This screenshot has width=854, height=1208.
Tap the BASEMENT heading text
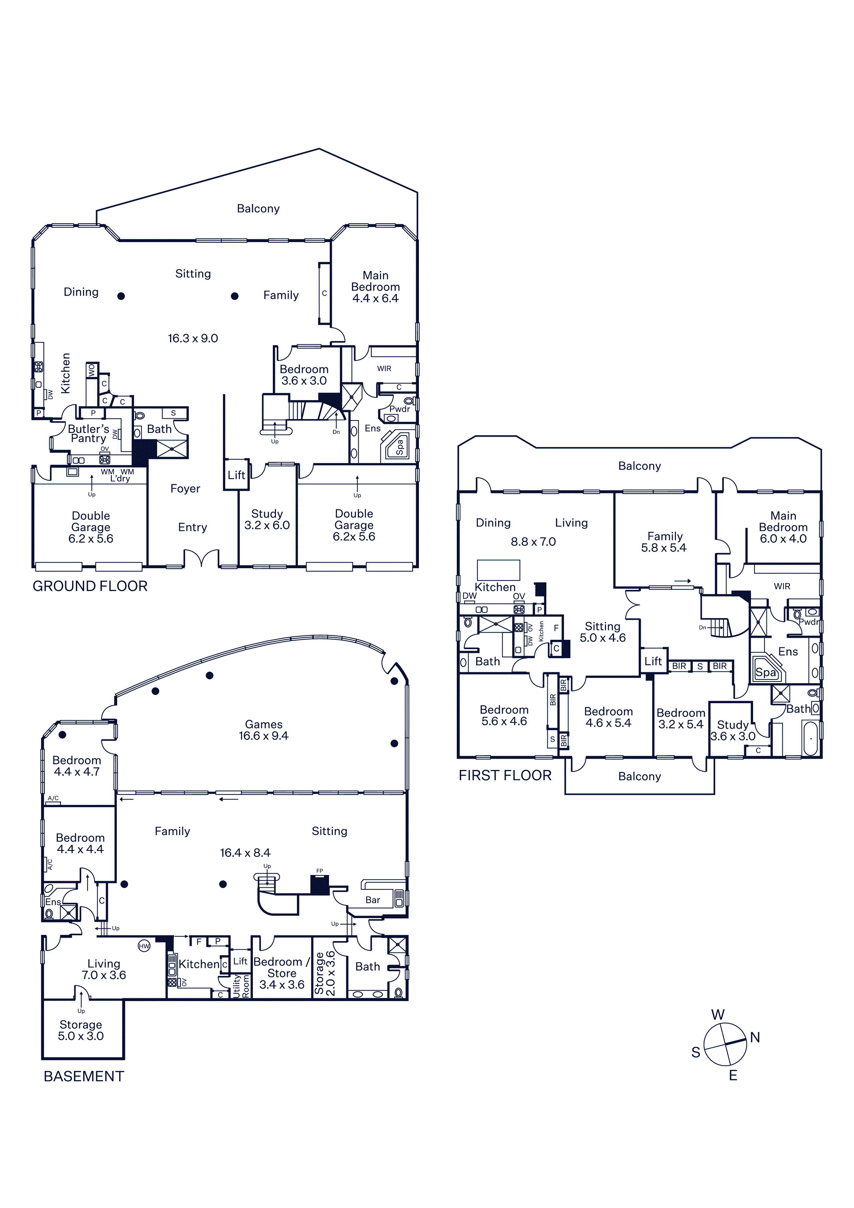point(84,1076)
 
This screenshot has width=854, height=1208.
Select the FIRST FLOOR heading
point(505,775)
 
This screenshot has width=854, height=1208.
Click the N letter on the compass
point(755,1038)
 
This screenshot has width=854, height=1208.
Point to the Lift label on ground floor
point(236,475)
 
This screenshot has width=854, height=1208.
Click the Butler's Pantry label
point(89,434)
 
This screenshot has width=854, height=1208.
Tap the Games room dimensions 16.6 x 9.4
point(264,736)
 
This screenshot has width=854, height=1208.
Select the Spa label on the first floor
point(765,673)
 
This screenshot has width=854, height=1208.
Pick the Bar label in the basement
point(372,900)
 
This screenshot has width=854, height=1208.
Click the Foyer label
point(185,489)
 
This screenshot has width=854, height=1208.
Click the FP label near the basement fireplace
point(319,871)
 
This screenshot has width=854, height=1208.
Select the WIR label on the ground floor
point(384,369)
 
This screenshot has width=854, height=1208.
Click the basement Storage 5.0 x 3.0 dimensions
point(81,1036)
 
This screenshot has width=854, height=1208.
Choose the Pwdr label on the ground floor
point(399,409)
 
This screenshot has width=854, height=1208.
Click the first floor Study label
point(732,725)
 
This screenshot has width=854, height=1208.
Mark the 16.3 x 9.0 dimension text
point(193,338)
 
